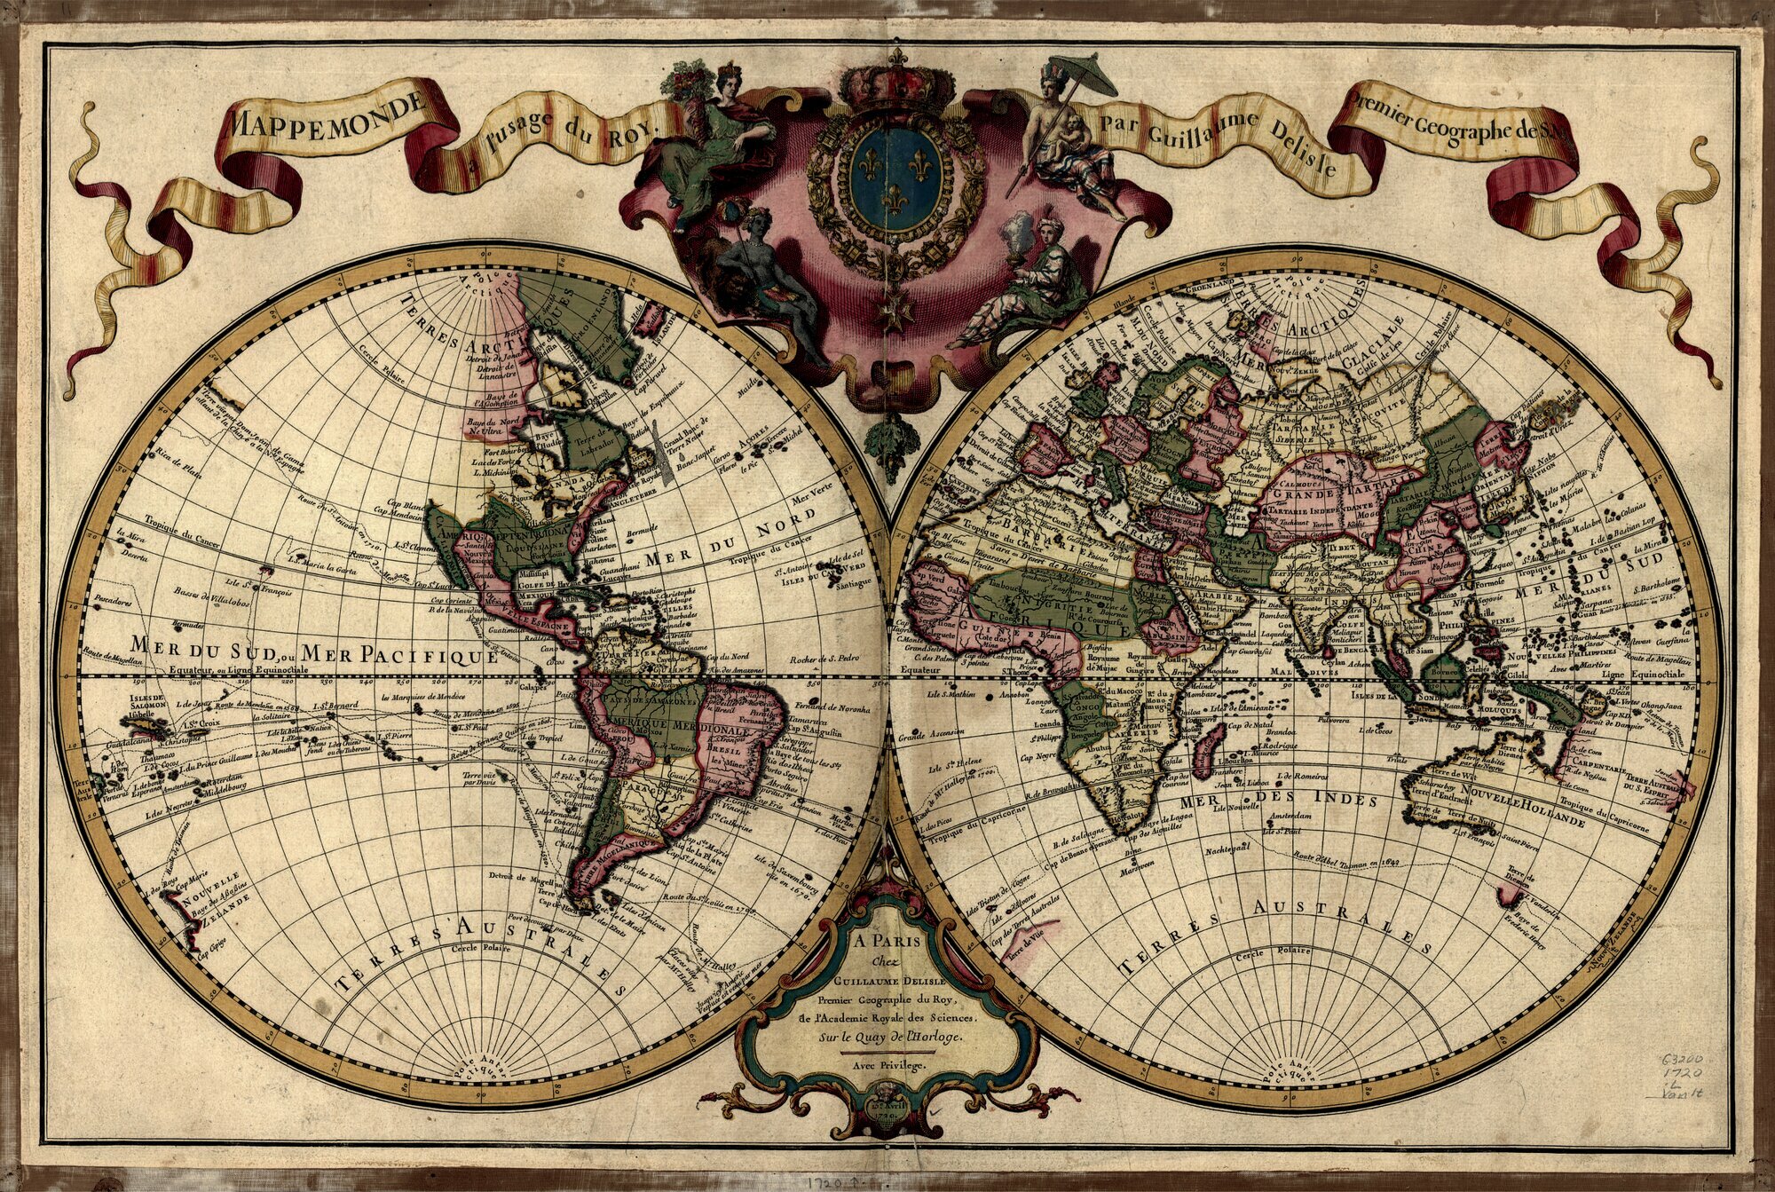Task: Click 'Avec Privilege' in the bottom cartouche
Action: (x=887, y=1063)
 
